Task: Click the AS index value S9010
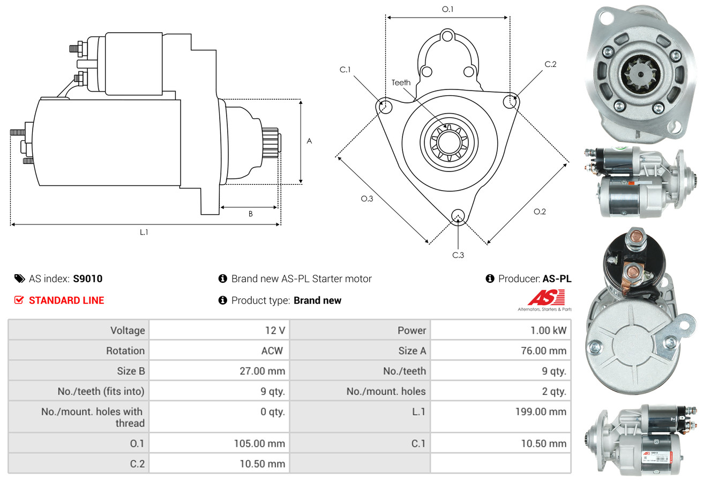pos(87,279)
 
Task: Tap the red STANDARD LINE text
pos(66,300)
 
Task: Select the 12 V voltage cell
pos(275,330)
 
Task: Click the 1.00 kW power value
pos(548,330)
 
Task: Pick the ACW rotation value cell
pos(272,351)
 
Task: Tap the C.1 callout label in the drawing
pos(345,70)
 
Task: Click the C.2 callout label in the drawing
pos(550,64)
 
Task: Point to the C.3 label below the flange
pos(458,255)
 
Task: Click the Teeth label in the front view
pos(401,82)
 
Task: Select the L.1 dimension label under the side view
pos(144,232)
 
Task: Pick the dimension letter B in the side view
pos(250,214)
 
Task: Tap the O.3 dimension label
pos(367,199)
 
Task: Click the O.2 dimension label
pos(540,212)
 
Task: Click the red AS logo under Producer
pos(546,298)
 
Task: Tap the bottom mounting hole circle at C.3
pos(458,215)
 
